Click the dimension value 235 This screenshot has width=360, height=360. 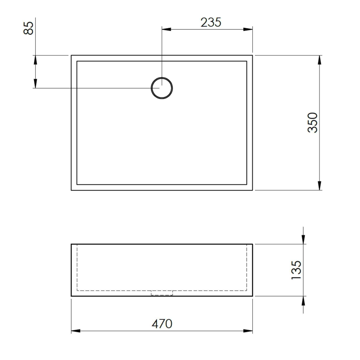(x=211, y=22)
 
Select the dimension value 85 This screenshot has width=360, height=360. (x=29, y=28)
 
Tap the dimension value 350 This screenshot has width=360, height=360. (x=313, y=123)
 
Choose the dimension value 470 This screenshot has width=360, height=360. (x=162, y=324)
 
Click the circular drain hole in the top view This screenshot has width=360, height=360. (x=162, y=88)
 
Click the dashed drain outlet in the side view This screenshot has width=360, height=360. (x=162, y=293)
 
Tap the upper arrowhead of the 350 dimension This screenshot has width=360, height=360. (x=320, y=60)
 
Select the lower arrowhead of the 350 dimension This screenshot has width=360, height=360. (x=320, y=186)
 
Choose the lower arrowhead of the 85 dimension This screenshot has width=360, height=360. (x=35, y=84)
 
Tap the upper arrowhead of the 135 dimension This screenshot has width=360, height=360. (x=303, y=239)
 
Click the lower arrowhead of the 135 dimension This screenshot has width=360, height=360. (x=303, y=301)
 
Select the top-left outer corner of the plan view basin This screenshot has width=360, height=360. (x=71, y=55)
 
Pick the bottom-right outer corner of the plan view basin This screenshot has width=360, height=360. (x=252, y=190)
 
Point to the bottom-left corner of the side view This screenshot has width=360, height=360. (x=71, y=296)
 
